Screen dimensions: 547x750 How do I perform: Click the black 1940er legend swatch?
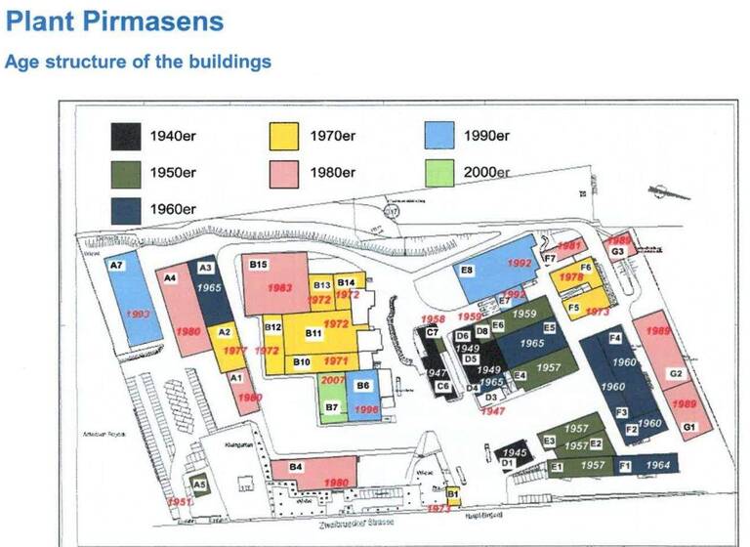point(125,136)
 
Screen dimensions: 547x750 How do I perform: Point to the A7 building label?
point(116,266)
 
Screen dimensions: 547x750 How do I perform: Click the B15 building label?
point(258,265)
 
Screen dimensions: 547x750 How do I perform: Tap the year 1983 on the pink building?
point(278,288)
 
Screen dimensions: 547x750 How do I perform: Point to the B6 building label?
point(362,386)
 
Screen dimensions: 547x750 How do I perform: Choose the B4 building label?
point(296,467)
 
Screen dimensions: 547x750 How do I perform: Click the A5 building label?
point(198,484)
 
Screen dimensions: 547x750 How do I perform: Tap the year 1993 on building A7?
point(138,314)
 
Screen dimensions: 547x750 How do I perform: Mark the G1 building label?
point(688,428)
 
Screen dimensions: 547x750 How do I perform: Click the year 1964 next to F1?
point(658,465)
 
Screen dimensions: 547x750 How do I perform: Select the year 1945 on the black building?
point(515,453)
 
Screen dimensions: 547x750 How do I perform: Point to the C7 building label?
point(431,333)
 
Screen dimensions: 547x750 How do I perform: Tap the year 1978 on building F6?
point(571,277)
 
